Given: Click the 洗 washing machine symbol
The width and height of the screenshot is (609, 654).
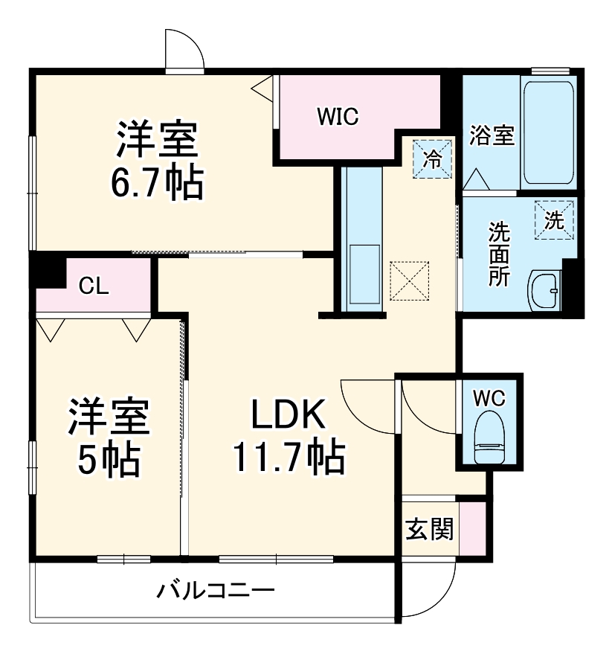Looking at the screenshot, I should point(555,219).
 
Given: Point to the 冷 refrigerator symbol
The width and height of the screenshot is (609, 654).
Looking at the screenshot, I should point(432,158).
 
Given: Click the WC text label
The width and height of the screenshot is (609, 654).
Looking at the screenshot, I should point(489,398).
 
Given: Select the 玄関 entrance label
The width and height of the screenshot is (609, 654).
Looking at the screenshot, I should point(429,530).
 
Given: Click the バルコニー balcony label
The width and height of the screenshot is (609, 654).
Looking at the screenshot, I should point(216,592).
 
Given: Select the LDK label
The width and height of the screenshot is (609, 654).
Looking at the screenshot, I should point(289,415).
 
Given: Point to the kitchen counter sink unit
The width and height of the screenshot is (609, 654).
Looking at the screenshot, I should point(363,238).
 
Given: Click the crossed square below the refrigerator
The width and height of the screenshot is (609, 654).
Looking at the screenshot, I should point(411,280).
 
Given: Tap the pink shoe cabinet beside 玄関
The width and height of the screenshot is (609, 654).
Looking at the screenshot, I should point(472,528).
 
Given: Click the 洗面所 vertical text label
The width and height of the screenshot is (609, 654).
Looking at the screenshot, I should point(498,254).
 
